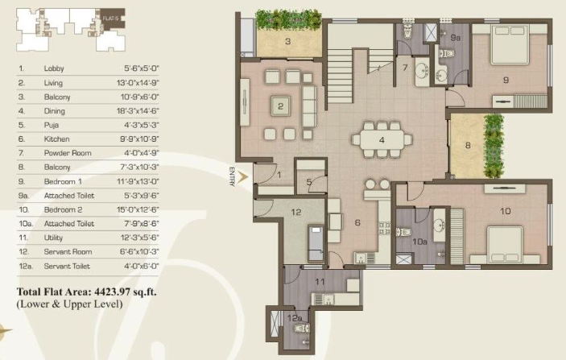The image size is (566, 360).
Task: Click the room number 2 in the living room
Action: tap(280, 106)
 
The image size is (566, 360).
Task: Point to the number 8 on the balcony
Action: tap(466, 146)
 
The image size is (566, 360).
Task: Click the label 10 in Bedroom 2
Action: tap(505, 212)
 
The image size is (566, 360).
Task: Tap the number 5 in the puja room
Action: tap(309, 182)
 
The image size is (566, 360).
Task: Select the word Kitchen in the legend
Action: tap(56, 139)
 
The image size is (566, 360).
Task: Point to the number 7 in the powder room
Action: tap(406, 68)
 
